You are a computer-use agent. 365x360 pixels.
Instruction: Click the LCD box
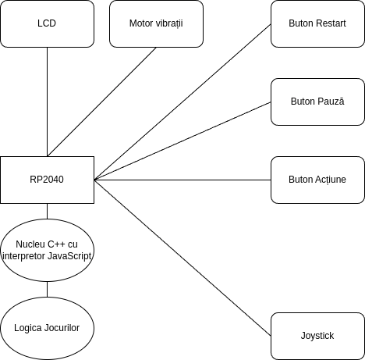coord(47,23)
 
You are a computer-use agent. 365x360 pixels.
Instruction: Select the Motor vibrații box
coord(156,23)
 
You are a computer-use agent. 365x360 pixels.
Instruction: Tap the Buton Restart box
coord(317,23)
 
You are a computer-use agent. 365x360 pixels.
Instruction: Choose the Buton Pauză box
coord(317,102)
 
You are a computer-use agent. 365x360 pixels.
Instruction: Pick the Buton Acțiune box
coord(317,180)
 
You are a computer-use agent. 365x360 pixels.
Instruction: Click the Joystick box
coord(317,336)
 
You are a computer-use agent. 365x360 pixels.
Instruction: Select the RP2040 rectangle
coord(47,180)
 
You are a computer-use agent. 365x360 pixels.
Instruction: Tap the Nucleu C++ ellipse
coord(47,250)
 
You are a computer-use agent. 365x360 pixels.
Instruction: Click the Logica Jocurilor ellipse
coord(47,328)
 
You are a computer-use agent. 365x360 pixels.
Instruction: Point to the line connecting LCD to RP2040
coord(47,102)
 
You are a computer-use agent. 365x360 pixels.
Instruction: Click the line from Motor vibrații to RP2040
coord(101,102)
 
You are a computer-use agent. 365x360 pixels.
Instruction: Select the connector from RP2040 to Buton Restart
coord(182,102)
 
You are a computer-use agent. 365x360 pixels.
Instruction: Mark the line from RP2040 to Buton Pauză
coord(182,141)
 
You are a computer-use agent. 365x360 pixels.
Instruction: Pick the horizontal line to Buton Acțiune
coord(182,180)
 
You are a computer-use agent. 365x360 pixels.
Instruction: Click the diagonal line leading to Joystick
coord(182,258)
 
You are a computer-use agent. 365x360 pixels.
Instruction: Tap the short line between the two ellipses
coord(47,289)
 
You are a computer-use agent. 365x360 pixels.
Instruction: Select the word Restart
coord(331,23)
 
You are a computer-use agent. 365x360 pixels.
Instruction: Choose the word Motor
coord(141,23)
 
